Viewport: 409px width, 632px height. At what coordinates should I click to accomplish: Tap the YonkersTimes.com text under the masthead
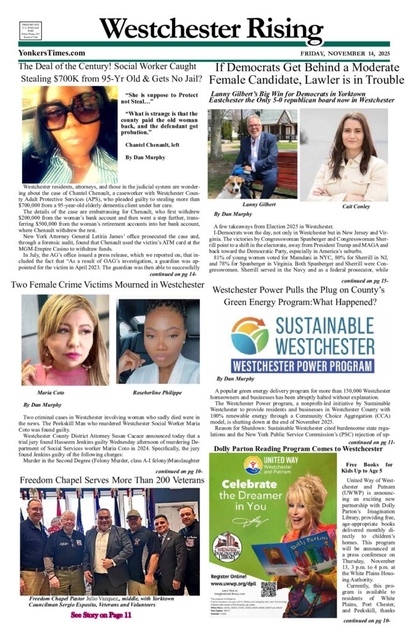click(52, 53)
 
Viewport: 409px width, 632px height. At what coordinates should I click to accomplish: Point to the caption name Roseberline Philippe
click(158, 392)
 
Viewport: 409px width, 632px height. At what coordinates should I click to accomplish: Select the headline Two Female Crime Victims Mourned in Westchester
click(109, 285)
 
